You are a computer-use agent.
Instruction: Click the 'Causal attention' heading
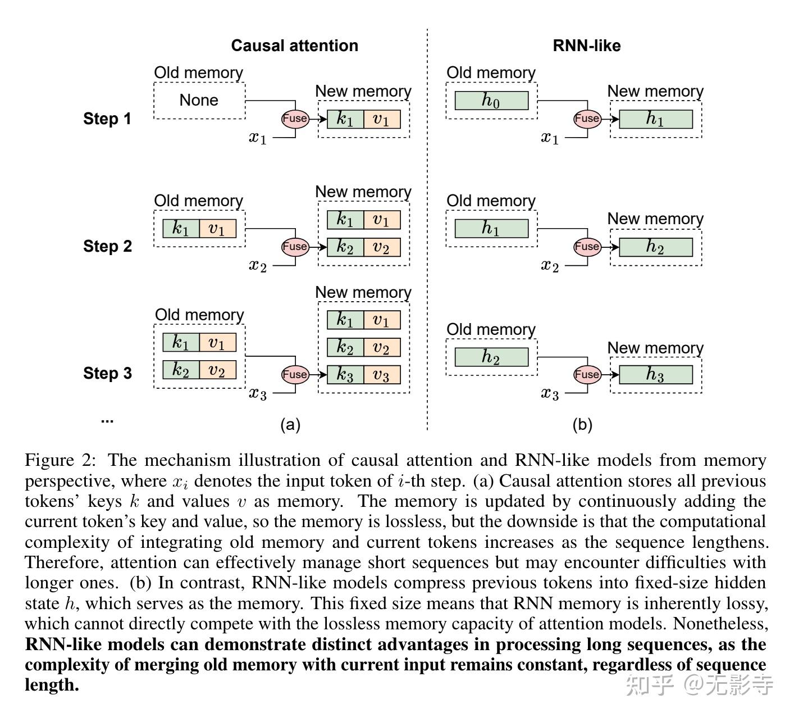(294, 46)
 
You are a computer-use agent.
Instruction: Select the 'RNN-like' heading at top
(587, 46)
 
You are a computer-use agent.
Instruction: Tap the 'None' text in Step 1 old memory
(199, 100)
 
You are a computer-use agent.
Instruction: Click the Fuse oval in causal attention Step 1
(295, 119)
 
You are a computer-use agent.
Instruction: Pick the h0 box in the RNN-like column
(491, 101)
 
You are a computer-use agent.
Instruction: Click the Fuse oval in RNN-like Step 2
(587, 246)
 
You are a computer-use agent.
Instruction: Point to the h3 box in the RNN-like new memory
(656, 374)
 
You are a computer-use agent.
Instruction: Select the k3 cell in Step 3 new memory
(345, 374)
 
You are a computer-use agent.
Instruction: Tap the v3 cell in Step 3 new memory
(382, 374)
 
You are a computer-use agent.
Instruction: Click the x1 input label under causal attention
(258, 138)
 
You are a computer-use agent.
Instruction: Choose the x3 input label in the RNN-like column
(550, 393)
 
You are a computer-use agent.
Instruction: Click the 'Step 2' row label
(107, 246)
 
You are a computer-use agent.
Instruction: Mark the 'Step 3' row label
(107, 373)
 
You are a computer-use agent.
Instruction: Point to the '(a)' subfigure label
(290, 425)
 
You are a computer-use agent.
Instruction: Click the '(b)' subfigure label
(582, 425)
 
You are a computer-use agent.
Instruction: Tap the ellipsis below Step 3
(107, 421)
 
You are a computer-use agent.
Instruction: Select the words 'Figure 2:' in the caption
(60, 460)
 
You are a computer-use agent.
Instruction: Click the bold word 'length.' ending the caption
(52, 684)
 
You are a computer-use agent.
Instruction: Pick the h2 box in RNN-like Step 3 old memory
(491, 357)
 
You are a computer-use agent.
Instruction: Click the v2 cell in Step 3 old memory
(218, 370)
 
